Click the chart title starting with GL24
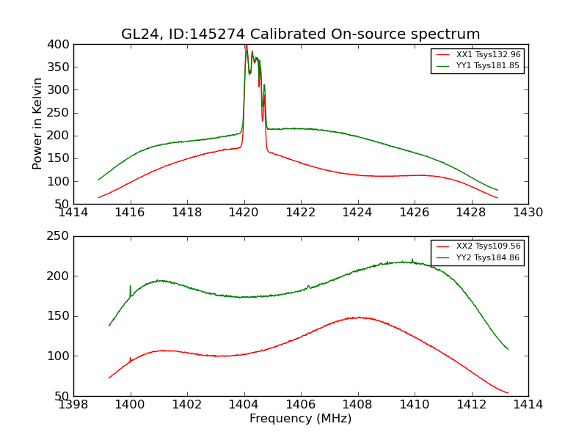pos(301,34)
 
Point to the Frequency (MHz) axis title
pos(301,419)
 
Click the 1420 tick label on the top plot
pos(244,212)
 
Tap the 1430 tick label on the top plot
pos(528,212)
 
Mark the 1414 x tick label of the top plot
pos(74,212)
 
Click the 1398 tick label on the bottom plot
pos(74,404)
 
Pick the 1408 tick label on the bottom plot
pos(357,404)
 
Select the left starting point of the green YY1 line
pos(98,179)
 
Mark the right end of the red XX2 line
pos(508,393)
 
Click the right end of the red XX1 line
pos(497,198)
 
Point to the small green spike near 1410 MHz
pos(412,260)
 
